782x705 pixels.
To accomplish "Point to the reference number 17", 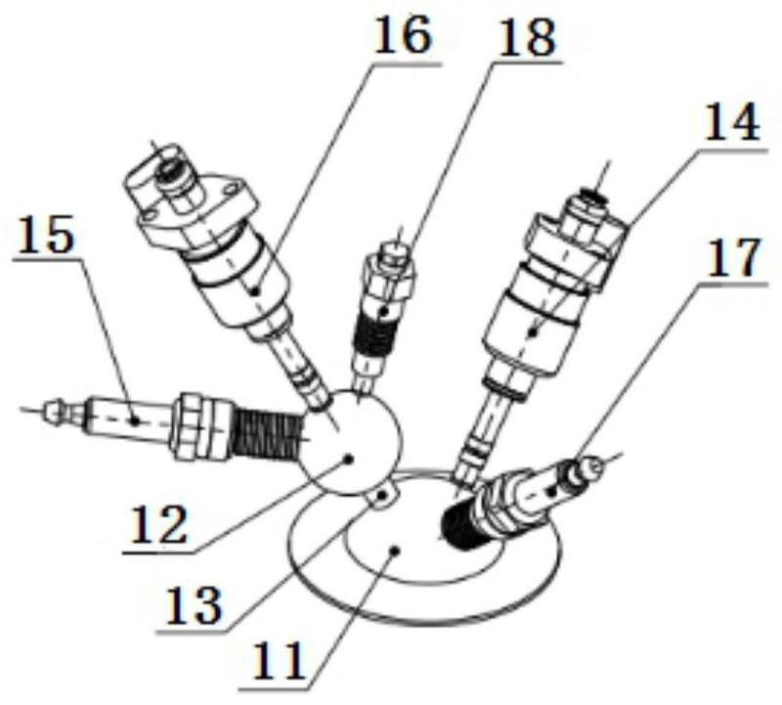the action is coord(731,256).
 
